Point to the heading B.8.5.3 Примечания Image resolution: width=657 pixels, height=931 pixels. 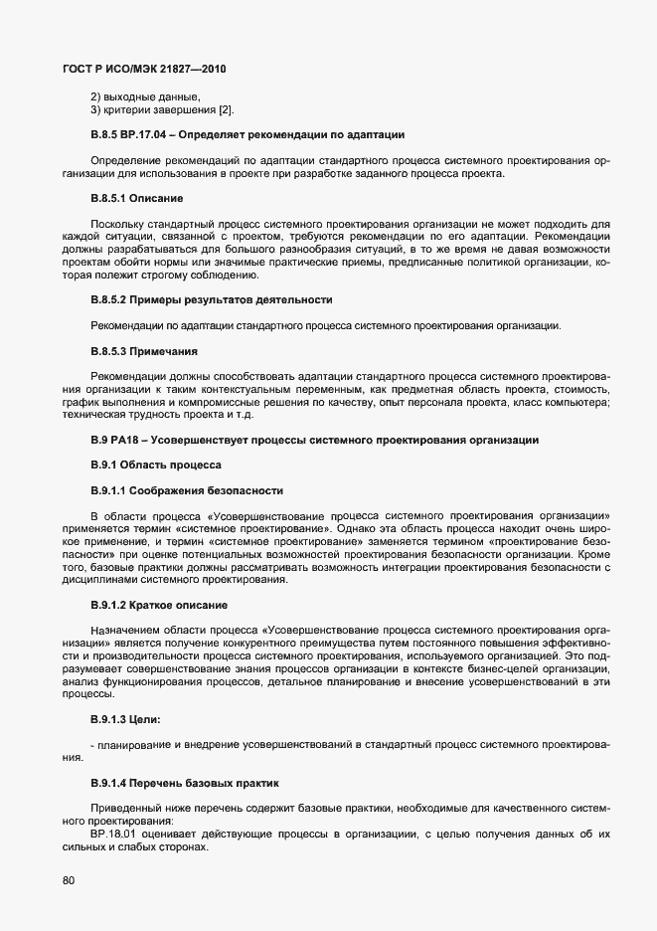pyautogui.click(x=144, y=352)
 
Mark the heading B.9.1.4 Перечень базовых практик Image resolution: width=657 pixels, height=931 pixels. pyautogui.click(x=186, y=784)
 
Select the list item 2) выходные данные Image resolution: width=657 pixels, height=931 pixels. pyautogui.click(x=145, y=95)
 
